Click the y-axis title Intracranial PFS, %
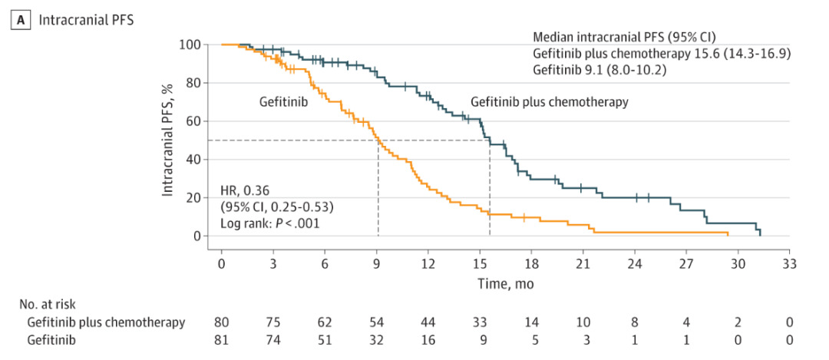coord(167,140)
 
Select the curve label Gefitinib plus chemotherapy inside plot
coord(549,101)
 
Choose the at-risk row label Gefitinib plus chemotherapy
coord(105,322)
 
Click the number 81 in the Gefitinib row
coord(221,339)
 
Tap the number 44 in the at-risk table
coord(428,322)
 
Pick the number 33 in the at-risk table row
coord(479,322)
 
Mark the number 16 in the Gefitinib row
coord(428,339)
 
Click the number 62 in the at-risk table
coord(324,322)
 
